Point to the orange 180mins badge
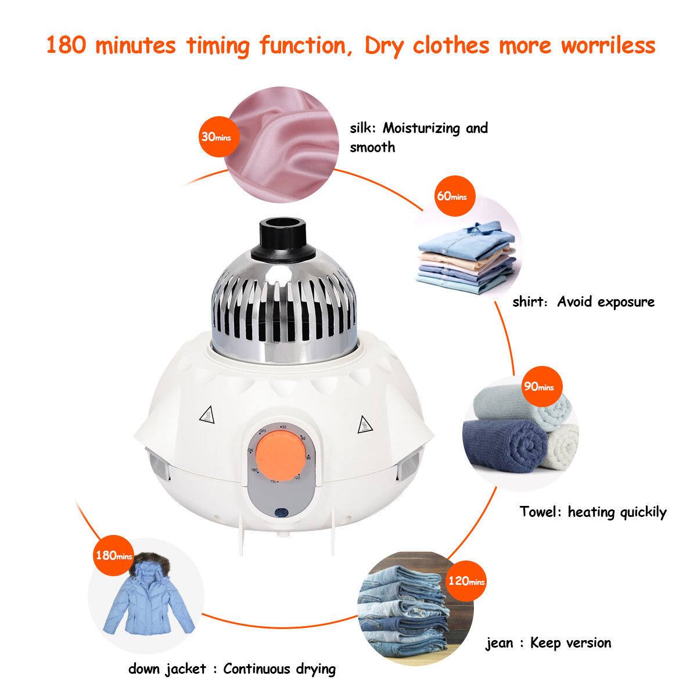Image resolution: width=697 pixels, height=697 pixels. [113, 555]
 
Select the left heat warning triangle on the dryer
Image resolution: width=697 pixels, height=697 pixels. [206, 415]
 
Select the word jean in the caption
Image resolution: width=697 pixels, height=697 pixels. [500, 643]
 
